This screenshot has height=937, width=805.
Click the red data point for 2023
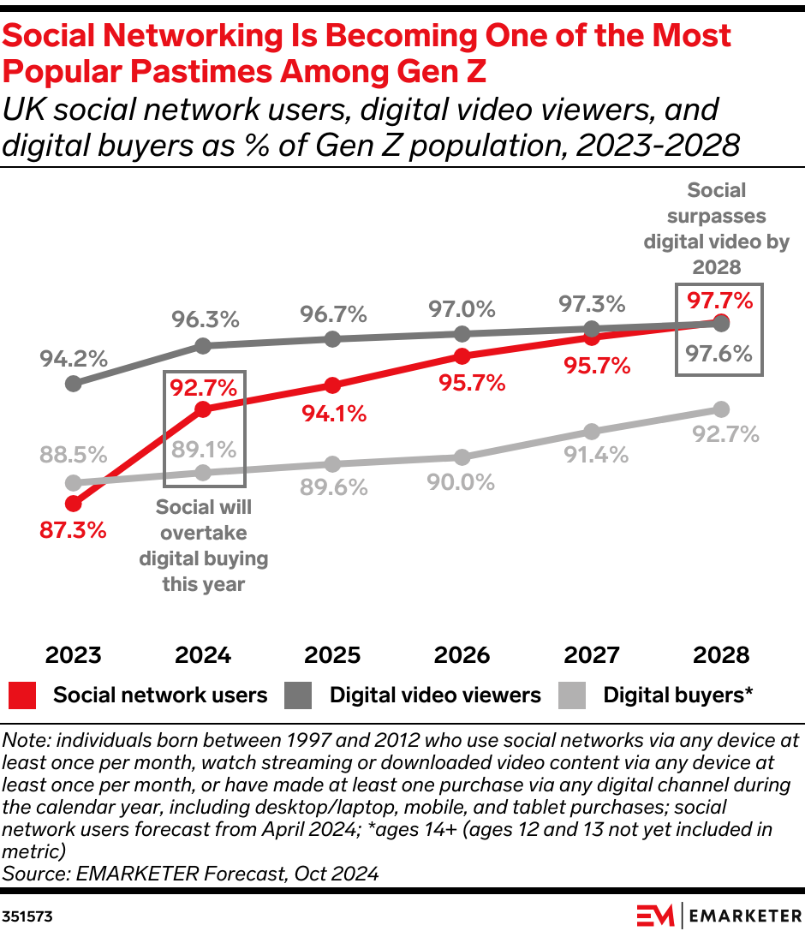(x=74, y=504)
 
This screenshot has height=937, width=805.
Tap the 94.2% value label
(x=73, y=357)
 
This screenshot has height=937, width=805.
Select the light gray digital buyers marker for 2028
(x=721, y=409)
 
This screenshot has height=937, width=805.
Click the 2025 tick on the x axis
(x=332, y=656)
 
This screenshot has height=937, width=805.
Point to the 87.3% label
(x=73, y=530)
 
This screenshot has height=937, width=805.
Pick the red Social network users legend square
(x=22, y=695)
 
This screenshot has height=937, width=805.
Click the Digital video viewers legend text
(x=435, y=695)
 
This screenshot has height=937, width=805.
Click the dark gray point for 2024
(x=203, y=346)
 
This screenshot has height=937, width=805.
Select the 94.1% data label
(x=333, y=414)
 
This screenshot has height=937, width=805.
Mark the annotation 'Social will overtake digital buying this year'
(x=203, y=546)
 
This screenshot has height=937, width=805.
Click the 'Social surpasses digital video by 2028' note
(x=717, y=229)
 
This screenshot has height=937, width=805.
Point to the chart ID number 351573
(x=27, y=916)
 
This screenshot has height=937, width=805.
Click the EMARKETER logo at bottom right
(x=719, y=916)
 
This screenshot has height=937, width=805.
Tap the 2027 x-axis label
(x=592, y=656)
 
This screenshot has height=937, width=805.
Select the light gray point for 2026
(x=462, y=457)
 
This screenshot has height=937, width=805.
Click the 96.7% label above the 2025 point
(x=333, y=314)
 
